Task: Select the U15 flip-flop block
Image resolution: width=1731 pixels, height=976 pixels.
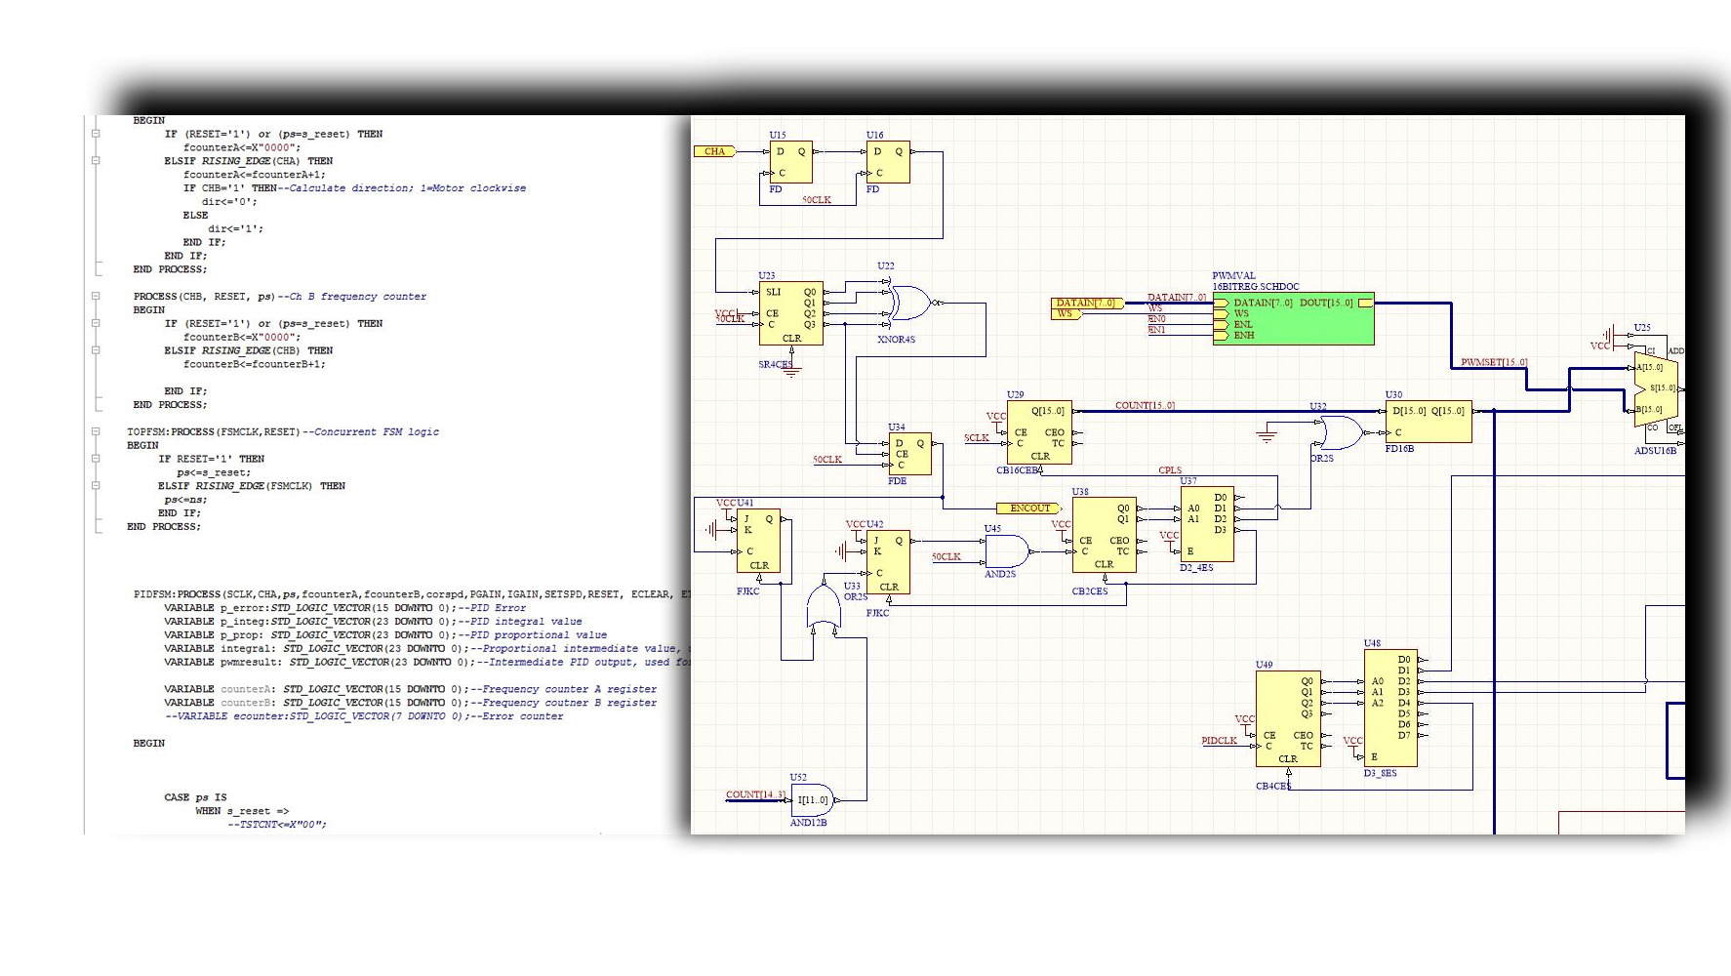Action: coord(790,162)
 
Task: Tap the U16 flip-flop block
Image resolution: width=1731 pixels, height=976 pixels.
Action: coord(888,162)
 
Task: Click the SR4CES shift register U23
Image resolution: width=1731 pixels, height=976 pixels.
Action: coord(790,313)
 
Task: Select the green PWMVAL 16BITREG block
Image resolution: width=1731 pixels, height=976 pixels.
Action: coord(1293,318)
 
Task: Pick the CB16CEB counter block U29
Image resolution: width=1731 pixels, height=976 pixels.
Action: coord(1039,432)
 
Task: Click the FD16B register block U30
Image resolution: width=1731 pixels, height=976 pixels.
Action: coord(1428,422)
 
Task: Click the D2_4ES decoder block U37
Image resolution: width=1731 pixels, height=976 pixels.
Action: coord(1207,524)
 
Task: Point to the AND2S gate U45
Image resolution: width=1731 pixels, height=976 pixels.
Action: coord(1005,551)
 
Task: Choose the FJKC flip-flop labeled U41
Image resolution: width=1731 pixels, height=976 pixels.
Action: coord(758,542)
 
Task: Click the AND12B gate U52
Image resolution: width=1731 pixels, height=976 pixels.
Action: coord(813,800)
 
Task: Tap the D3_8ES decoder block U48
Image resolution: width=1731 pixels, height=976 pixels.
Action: coord(1389,708)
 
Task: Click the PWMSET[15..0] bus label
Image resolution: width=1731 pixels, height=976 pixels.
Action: coord(1493,362)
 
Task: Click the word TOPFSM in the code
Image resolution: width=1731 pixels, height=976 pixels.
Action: coord(145,431)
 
